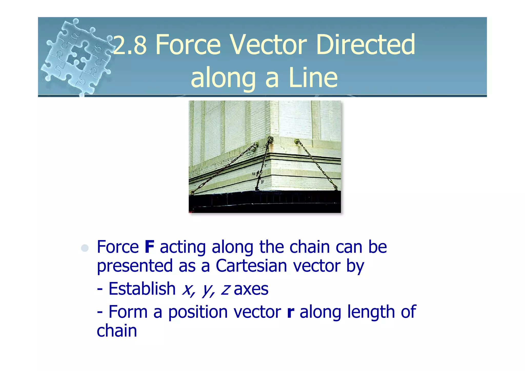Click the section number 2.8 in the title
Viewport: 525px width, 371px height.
[x=130, y=45]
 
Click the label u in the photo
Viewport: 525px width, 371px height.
[x=254, y=174]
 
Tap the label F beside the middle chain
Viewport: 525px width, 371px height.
[x=262, y=182]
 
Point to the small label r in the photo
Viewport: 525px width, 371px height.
[x=265, y=165]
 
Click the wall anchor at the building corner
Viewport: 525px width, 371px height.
[x=270, y=140]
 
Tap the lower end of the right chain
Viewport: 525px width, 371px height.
[x=335, y=188]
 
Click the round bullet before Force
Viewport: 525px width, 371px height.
[x=85, y=248]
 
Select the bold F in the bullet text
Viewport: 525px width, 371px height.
[x=149, y=247]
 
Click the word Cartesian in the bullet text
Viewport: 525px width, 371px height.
[x=251, y=266]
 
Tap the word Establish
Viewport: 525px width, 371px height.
[x=142, y=289]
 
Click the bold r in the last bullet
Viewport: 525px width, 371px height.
[x=290, y=312]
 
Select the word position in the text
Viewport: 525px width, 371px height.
[x=198, y=312]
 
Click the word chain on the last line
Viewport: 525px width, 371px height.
[x=117, y=331]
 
